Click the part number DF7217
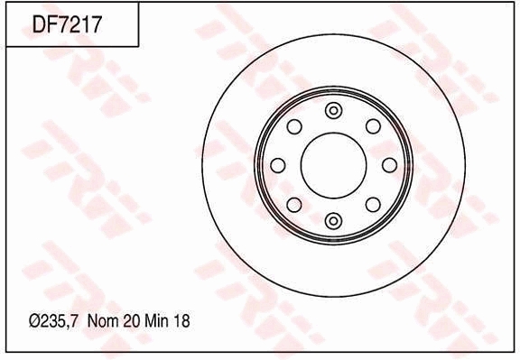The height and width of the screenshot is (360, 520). point(66,24)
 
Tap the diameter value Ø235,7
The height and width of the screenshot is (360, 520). point(54,321)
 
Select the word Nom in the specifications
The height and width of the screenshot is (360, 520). point(103,321)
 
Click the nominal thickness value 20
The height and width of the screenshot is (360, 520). point(132,321)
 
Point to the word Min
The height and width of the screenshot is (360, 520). point(157,321)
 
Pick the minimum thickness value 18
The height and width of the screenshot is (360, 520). point(181,321)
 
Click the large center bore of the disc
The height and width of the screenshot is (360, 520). point(334,165)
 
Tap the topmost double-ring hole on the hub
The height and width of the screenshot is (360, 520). point(334,110)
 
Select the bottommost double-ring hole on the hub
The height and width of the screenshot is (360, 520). point(334,221)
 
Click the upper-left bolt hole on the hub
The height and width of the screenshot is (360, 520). point(294,126)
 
